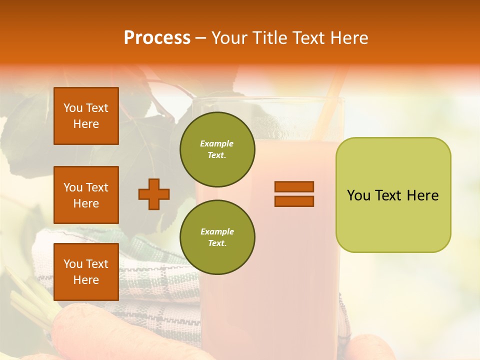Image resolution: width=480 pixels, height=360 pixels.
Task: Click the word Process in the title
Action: tap(157, 38)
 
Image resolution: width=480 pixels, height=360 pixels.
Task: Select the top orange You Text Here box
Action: tap(86, 116)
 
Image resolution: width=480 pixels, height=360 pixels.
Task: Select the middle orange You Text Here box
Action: tap(86, 195)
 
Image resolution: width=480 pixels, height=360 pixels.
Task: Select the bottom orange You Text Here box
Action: tap(86, 272)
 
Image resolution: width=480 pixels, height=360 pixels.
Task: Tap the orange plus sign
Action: tap(154, 194)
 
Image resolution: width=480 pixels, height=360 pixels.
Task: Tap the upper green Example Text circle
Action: tap(217, 149)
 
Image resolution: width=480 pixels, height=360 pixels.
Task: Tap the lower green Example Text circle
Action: tap(217, 237)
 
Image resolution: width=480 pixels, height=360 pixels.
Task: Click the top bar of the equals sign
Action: tap(294, 186)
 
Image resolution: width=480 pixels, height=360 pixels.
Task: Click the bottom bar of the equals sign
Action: tap(294, 201)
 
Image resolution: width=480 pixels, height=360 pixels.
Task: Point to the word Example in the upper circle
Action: tap(217, 144)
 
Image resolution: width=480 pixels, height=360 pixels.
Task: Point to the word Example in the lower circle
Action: tap(217, 232)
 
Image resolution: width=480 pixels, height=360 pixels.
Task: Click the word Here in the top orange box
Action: tap(86, 124)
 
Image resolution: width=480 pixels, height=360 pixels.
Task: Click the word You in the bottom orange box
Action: tap(73, 264)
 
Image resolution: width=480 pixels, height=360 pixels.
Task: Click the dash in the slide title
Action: tap(201, 38)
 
